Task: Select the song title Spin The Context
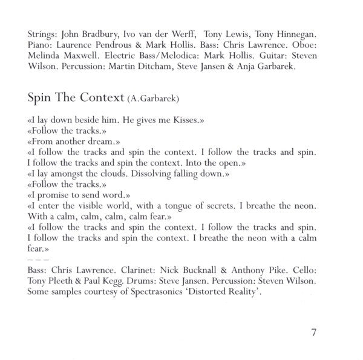(75, 97)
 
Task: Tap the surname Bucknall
(209, 268)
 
